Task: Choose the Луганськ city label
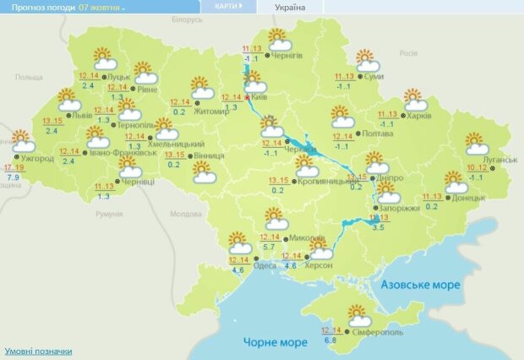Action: point(499,159)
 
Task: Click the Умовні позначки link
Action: point(38,351)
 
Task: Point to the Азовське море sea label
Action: point(420,285)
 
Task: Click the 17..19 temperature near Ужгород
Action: point(14,167)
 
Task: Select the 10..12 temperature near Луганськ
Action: point(477,168)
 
